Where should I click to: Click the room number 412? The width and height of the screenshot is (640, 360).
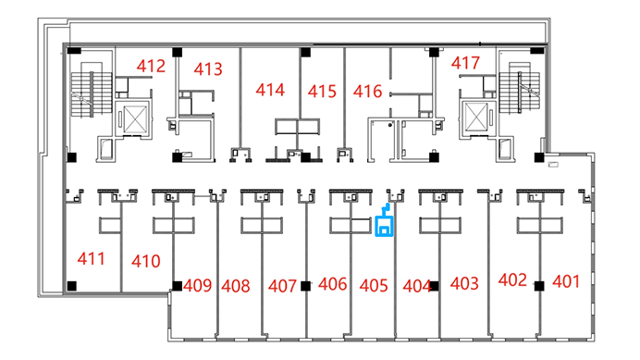151,67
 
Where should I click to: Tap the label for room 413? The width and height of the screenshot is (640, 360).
208,69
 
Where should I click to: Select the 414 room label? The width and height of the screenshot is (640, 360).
270,90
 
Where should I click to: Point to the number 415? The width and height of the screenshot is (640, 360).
322,91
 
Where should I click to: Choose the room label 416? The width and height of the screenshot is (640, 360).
368,91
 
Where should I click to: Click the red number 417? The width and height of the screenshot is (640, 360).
465,63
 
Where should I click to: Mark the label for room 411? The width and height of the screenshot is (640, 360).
91,258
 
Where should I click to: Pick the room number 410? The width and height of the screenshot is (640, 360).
146,261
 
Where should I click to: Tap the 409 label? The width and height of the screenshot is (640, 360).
198,285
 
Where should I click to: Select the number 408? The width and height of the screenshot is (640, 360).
236,286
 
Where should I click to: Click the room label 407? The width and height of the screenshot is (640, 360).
282,286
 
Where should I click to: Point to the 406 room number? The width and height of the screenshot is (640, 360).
333,284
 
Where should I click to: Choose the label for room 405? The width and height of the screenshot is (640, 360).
374,286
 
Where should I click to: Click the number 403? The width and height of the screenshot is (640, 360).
464,283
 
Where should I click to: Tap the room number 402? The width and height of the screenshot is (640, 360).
512,279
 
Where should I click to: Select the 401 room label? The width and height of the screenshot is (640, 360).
566,281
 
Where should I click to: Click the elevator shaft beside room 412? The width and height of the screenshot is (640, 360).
135,118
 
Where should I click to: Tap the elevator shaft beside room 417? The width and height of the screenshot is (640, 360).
476,117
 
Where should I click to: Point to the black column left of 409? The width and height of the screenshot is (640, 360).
178,286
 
